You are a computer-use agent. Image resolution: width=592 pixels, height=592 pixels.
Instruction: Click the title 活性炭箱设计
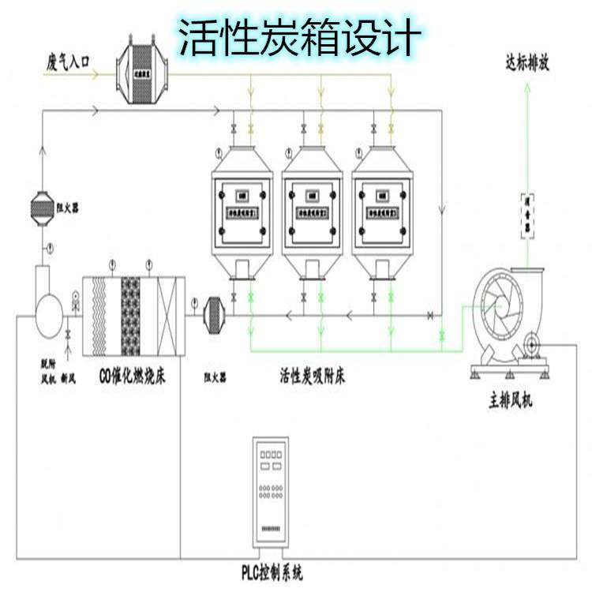click(296, 36)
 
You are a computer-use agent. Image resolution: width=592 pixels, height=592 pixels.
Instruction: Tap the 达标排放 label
click(526, 64)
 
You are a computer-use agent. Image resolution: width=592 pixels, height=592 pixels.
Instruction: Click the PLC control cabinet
click(273, 489)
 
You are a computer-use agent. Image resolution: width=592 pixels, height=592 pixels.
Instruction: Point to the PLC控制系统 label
click(272, 570)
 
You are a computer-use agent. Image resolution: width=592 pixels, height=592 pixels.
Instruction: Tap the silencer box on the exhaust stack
click(526, 215)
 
